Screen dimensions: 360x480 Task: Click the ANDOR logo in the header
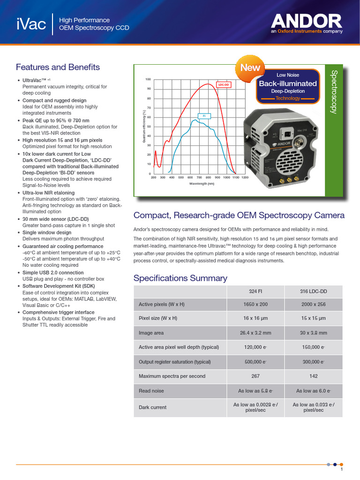point(307,21)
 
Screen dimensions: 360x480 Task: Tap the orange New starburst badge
point(250,67)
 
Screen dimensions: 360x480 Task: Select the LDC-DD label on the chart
point(224,85)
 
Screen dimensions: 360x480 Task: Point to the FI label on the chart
point(204,115)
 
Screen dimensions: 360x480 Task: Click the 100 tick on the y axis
point(148,79)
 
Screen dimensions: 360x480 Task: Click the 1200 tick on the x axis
point(245,178)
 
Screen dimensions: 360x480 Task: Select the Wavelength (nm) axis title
point(202,184)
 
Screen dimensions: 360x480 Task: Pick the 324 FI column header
point(255,292)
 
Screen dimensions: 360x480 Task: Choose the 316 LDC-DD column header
point(314,292)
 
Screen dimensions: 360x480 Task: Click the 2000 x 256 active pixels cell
point(314,304)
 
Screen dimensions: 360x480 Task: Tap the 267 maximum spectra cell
point(255,376)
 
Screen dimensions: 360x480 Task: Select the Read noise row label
point(151,390)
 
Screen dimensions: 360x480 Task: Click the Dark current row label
point(152,407)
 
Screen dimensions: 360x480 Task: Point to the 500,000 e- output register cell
point(255,362)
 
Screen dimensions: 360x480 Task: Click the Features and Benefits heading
point(58,67)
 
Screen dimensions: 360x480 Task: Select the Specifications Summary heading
point(180,278)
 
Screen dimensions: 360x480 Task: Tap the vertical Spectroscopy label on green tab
point(334,91)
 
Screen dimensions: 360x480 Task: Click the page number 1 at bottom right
point(342,469)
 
